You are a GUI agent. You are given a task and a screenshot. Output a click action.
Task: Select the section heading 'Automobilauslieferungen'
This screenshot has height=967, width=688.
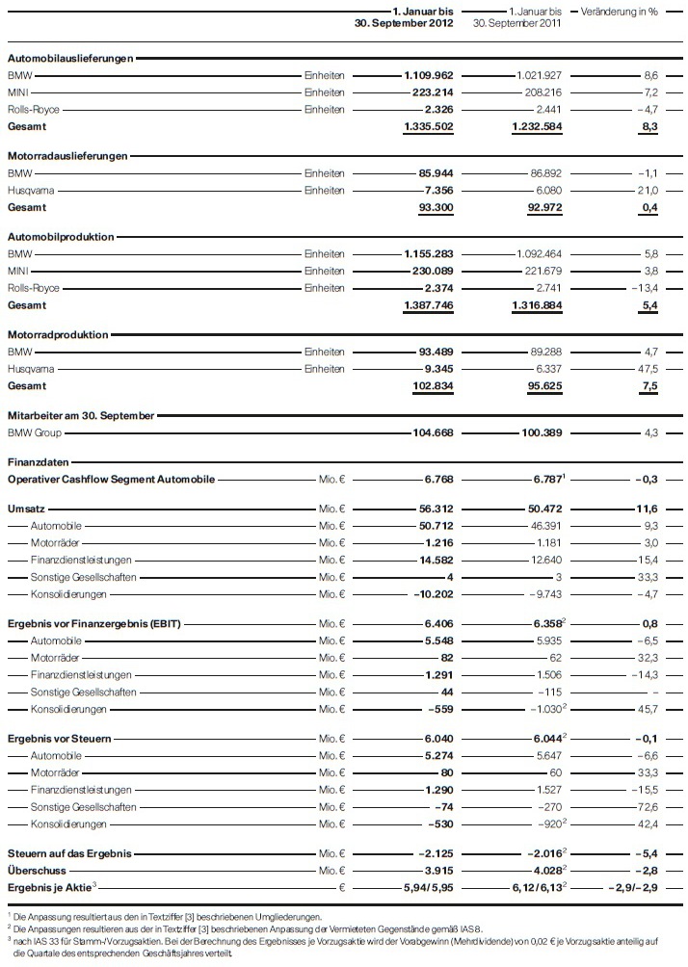click(x=70, y=59)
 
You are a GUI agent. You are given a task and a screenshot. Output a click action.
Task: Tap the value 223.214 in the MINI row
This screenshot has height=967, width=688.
click(x=433, y=92)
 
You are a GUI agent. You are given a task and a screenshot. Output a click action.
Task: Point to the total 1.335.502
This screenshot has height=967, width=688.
click(x=428, y=126)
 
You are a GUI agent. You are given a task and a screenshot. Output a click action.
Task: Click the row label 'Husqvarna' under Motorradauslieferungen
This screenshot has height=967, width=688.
click(x=30, y=191)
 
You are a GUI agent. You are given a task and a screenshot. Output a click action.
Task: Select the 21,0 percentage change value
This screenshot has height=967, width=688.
click(x=646, y=191)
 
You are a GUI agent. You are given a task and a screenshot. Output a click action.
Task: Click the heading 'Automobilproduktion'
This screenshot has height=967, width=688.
click(x=61, y=237)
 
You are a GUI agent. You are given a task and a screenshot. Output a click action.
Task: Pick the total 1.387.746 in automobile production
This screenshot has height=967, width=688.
click(x=428, y=304)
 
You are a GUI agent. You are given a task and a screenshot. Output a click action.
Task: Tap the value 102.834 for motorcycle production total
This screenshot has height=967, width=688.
click(x=433, y=385)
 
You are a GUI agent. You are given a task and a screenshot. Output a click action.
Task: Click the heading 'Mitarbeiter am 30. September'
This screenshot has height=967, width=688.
click(x=81, y=414)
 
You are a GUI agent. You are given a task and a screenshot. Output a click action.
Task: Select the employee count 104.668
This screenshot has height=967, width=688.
click(x=433, y=432)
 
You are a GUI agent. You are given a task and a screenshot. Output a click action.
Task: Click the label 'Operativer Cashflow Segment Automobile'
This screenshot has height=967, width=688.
click(x=111, y=478)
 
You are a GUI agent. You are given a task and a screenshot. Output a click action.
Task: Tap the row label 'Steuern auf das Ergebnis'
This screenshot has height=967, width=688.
click(x=68, y=853)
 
